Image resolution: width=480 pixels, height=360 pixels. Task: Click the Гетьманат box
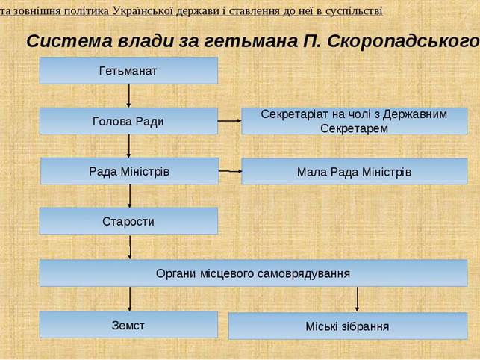128,70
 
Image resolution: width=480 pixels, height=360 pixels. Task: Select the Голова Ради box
128,121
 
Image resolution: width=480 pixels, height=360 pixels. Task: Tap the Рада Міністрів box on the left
129,171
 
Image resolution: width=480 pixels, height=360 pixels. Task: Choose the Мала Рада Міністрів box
355,171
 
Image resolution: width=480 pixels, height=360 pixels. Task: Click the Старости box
128,221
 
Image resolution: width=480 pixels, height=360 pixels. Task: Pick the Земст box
128,324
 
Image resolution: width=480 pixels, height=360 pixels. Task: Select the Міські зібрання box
348,326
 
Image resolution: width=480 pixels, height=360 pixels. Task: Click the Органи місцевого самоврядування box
254,273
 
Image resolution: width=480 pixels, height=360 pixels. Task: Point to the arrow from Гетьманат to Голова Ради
128,96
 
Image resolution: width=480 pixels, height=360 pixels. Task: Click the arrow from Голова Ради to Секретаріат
230,121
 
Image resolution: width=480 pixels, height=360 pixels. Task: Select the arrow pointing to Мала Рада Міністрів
230,171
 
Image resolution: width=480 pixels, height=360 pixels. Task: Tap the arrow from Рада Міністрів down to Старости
129,196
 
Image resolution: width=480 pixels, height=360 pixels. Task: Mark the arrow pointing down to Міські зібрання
357,300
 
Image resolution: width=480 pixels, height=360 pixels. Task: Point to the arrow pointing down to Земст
129,299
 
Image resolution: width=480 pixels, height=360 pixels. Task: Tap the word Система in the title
69,41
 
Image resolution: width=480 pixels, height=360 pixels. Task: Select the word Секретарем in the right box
354,128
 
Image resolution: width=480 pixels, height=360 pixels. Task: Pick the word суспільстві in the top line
354,11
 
